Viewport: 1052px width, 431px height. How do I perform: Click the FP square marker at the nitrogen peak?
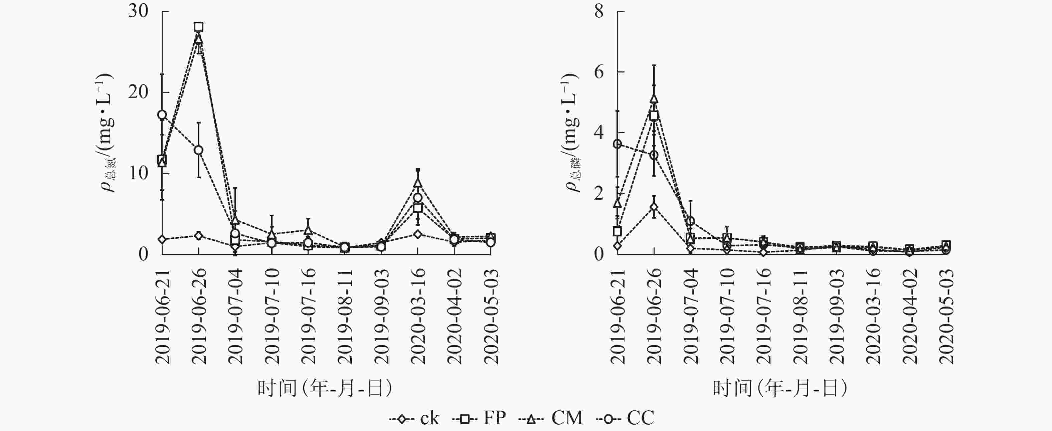tap(198, 27)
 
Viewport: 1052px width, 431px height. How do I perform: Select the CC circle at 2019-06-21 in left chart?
tap(162, 115)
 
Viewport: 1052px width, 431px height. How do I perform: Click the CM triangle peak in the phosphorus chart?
tap(654, 98)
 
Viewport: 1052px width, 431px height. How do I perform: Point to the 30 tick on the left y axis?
tap(138, 11)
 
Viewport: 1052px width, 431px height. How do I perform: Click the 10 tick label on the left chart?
tap(138, 173)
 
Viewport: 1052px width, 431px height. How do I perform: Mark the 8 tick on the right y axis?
tap(599, 11)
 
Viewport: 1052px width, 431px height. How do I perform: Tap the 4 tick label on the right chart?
tap(599, 133)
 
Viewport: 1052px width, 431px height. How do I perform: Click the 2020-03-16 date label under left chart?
tap(418, 316)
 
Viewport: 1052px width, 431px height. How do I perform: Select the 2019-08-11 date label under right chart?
tap(800, 316)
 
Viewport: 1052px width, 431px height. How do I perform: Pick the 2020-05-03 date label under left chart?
tap(491, 316)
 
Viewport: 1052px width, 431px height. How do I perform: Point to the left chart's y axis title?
tap(107, 133)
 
